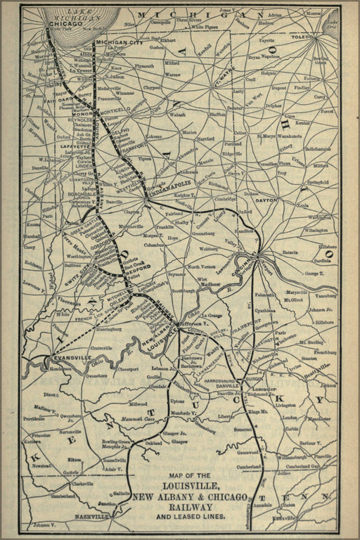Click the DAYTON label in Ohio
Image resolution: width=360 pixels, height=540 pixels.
pyautogui.click(x=267, y=200)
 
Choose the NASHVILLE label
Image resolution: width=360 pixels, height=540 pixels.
pyautogui.click(x=91, y=516)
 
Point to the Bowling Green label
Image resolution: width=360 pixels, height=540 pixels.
pyautogui.click(x=115, y=441)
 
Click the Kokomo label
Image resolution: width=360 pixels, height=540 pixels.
pyautogui.click(x=154, y=136)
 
